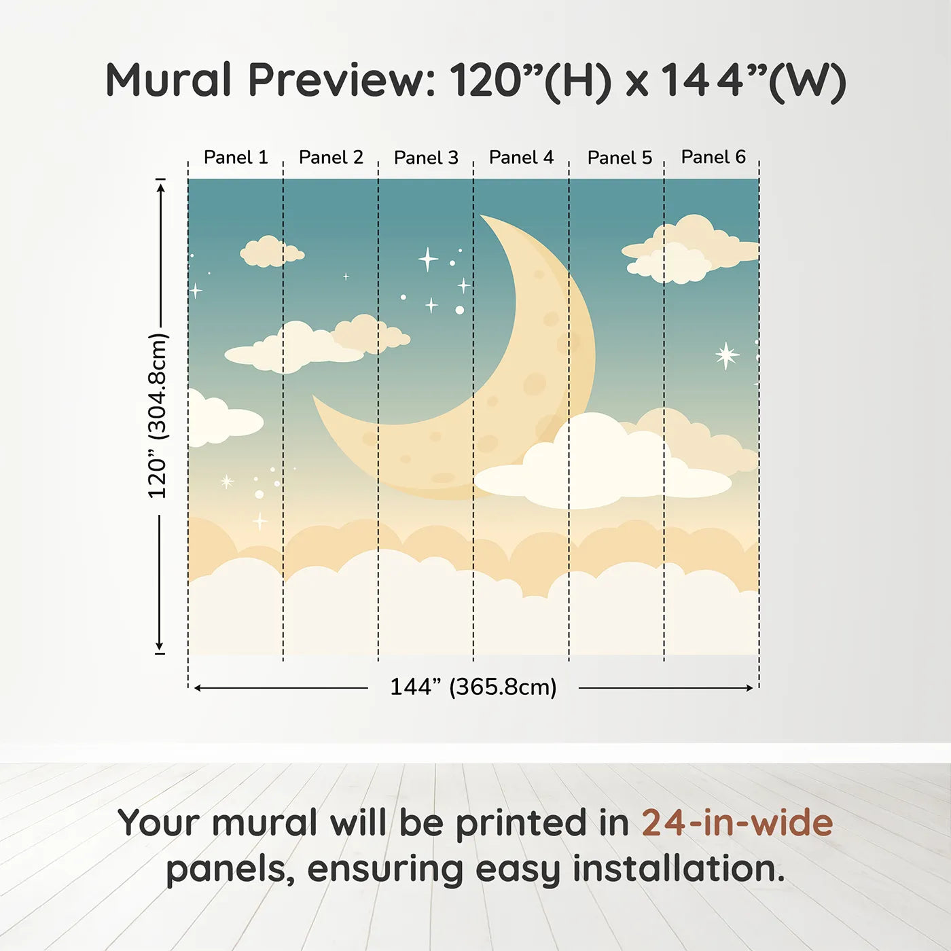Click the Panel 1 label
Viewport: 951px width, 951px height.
(236, 158)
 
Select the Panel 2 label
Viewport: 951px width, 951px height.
(331, 158)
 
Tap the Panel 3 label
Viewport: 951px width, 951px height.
(426, 158)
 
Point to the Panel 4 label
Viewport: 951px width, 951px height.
(521, 158)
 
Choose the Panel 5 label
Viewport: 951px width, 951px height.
(620, 158)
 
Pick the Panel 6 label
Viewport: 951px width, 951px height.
(713, 157)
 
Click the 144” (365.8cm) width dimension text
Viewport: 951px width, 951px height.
(473, 687)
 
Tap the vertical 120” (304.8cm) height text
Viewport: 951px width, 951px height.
(158, 416)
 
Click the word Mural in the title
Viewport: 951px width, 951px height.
(168, 79)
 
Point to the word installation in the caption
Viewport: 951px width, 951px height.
(679, 869)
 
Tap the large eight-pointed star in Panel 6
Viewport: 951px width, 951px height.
(726, 355)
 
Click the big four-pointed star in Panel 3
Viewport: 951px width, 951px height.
(428, 259)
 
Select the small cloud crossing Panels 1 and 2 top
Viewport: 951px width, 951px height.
(272, 252)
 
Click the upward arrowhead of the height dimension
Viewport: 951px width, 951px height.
(160, 186)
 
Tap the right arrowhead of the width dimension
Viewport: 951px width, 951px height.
(749, 688)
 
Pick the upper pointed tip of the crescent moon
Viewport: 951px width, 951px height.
(481, 215)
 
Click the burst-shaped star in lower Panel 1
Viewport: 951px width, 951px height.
(227, 481)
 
